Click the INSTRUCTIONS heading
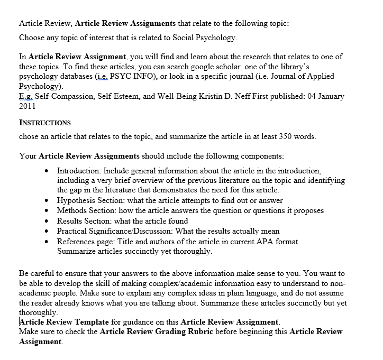(x=45, y=123)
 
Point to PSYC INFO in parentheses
(x=130, y=77)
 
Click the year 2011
(x=28, y=106)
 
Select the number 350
(x=277, y=136)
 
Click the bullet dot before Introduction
(x=49, y=171)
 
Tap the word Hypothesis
(x=77, y=200)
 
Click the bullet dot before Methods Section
(x=49, y=210)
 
